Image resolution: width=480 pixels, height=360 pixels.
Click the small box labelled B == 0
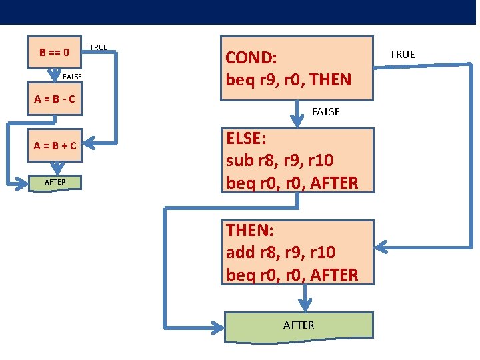tap(55, 52)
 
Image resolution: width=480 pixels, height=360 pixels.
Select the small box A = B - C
tap(55, 100)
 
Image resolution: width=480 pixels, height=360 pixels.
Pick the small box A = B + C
tap(55, 145)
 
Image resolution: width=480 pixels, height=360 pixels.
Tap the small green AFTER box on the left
tap(55, 182)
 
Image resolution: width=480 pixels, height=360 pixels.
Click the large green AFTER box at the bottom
tap(298, 325)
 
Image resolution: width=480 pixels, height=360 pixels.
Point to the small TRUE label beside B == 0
tap(98, 47)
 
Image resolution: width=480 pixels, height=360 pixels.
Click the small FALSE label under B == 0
tap(72, 77)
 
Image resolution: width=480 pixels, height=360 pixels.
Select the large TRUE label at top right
tap(402, 54)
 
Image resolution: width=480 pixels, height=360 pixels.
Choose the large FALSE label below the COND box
tap(325, 112)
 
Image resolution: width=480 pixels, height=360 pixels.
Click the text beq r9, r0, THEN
tap(288, 80)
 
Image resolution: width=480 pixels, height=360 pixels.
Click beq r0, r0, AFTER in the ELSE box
tap(292, 182)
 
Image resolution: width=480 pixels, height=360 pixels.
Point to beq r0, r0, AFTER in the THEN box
tap(292, 274)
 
